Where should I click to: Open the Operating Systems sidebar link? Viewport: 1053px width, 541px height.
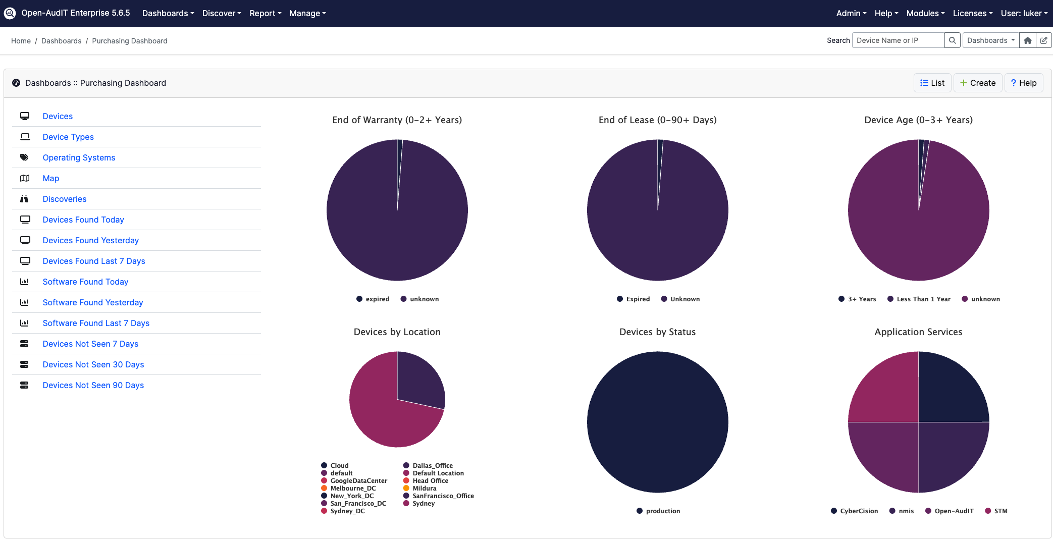point(79,157)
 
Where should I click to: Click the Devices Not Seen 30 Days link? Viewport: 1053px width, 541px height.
point(93,364)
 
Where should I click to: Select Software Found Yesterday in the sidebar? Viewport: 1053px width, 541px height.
point(92,302)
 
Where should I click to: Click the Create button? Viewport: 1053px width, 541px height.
point(977,83)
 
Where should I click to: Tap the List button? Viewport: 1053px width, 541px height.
point(932,83)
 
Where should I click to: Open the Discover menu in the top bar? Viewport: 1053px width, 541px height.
point(221,13)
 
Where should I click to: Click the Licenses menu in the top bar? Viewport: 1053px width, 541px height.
point(972,13)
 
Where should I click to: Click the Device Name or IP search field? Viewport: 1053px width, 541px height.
point(898,40)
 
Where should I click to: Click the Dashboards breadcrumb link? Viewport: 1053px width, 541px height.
point(61,41)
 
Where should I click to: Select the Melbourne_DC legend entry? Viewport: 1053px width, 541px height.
point(353,488)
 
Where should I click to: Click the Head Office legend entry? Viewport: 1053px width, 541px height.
point(430,480)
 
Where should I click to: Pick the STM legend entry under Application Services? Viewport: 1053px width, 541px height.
point(1000,511)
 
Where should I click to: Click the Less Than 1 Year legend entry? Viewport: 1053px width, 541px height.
point(923,299)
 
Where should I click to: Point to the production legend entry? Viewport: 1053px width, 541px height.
point(662,511)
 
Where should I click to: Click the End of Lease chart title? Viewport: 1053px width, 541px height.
point(657,120)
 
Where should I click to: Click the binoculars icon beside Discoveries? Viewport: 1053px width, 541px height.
point(24,199)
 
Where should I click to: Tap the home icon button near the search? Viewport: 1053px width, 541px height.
point(1027,40)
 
